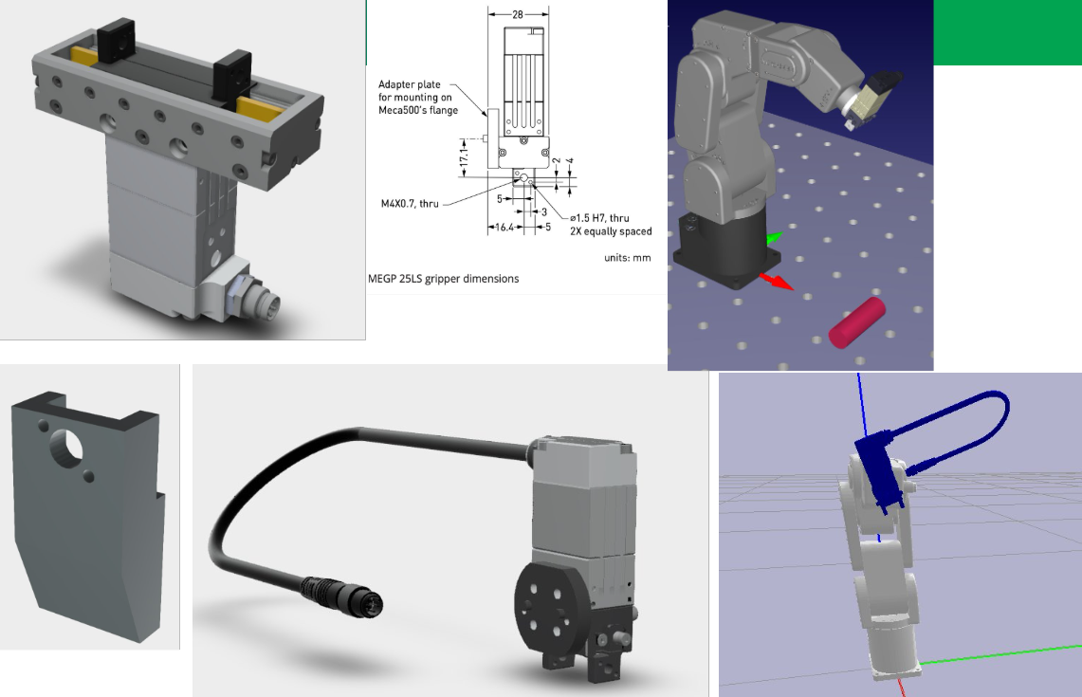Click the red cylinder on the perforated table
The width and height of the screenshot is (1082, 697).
coord(855,322)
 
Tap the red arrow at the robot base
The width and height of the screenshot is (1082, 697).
coord(777,282)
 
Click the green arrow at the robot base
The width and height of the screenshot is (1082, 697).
coord(774,239)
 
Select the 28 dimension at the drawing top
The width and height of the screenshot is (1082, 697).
coord(518,14)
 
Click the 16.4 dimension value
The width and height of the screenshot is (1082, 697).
coord(504,227)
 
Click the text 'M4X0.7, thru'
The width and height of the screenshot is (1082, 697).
coord(410,204)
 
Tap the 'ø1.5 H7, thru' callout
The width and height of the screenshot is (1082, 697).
coord(599,218)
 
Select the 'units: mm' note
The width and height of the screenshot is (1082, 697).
coord(627,257)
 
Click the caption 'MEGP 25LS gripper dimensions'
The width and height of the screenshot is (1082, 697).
coord(443,279)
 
